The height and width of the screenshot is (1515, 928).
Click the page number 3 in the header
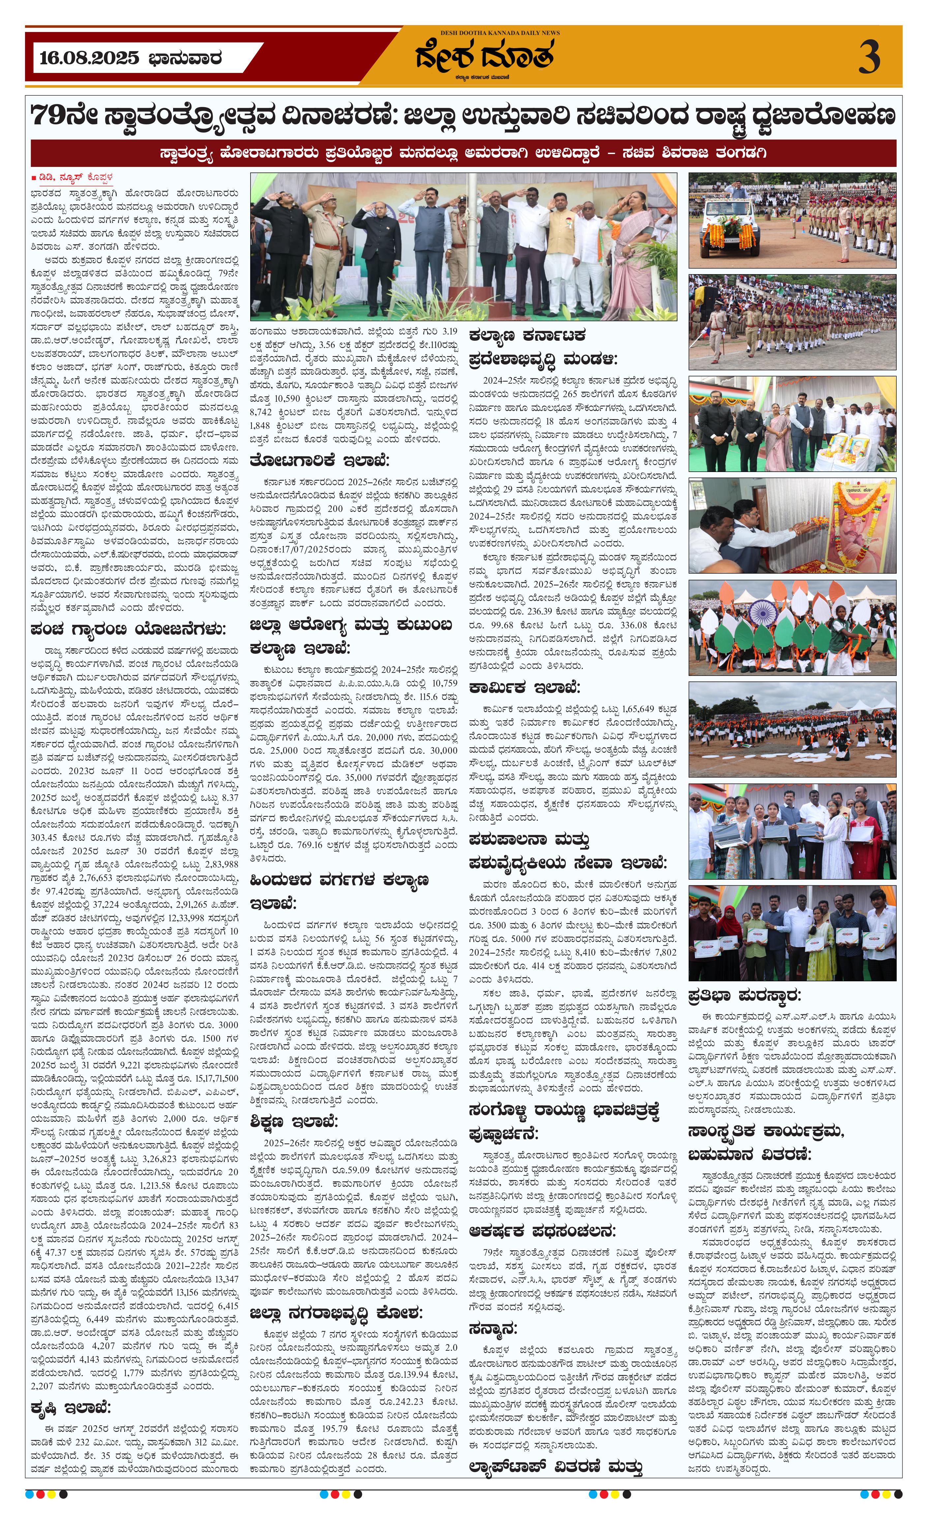coord(868,57)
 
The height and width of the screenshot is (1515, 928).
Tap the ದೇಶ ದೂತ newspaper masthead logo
coord(484,55)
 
